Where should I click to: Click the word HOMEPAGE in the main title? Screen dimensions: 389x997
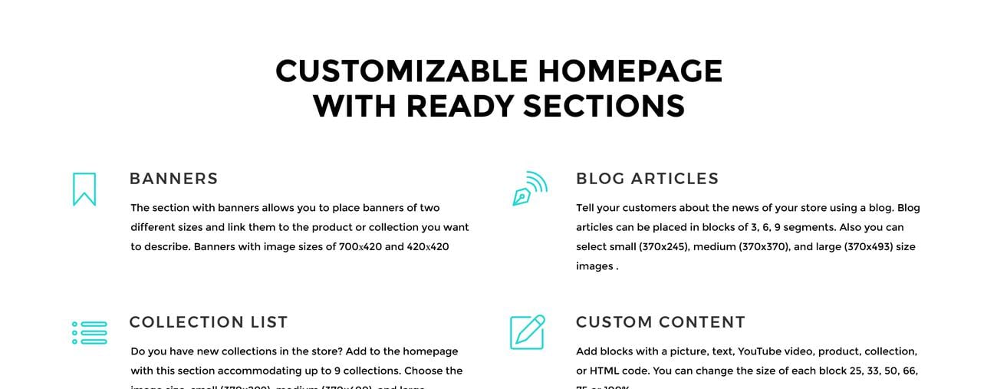[630, 71]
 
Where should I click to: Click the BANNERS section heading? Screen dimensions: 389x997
[173, 179]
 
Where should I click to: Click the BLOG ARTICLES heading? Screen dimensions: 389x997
[647, 179]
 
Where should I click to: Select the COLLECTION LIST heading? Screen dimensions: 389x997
[209, 322]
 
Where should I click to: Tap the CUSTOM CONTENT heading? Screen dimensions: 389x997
[660, 322]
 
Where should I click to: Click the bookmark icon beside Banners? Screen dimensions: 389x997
[84, 189]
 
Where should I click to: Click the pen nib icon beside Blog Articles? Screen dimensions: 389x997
[529, 189]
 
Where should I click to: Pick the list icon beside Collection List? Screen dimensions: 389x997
[89, 333]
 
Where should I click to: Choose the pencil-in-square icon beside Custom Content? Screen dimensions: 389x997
[528, 332]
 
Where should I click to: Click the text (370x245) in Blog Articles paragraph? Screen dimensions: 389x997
[659, 247]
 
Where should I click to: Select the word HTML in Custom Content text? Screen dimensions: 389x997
[604, 371]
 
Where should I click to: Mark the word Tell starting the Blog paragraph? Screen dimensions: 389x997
[586, 208]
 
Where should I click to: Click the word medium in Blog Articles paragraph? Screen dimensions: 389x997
[713, 247]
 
